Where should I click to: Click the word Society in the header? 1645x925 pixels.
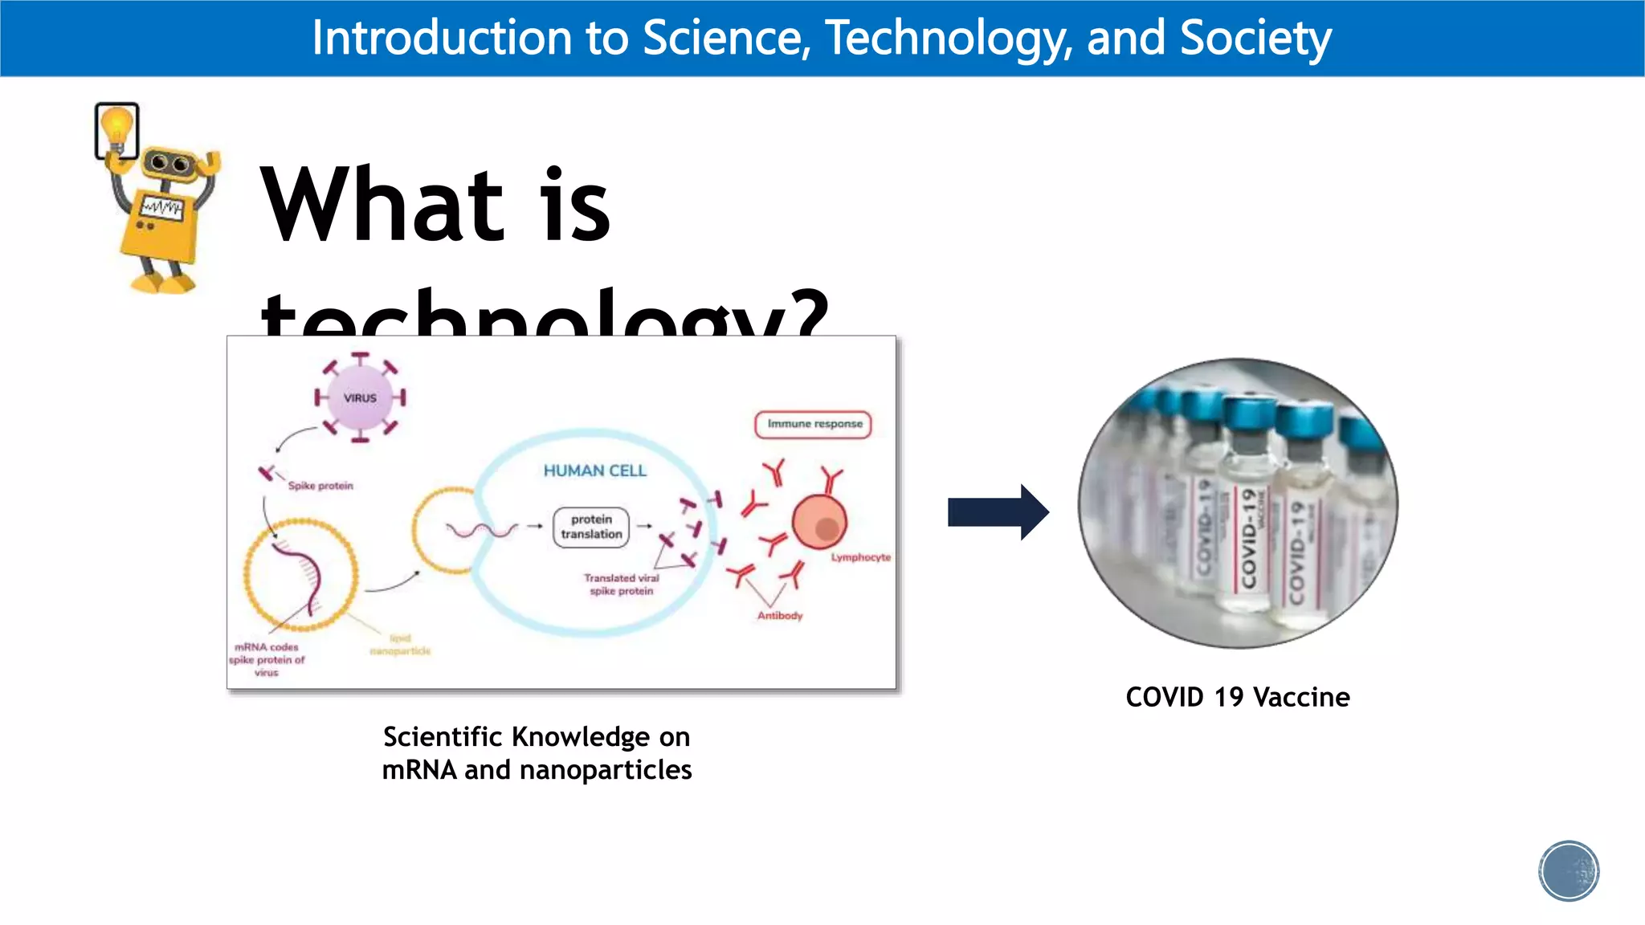pyautogui.click(x=1255, y=38)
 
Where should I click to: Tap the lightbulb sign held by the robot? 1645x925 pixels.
pyautogui.click(x=117, y=130)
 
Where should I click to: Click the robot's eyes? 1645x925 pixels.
pyautogui.click(x=169, y=164)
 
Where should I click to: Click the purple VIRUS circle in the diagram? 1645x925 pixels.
pyautogui.click(x=360, y=397)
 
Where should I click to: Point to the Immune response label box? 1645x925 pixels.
pyautogui.click(x=813, y=424)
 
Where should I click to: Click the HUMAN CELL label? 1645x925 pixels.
pyautogui.click(x=594, y=471)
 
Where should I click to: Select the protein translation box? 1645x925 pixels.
pyautogui.click(x=591, y=527)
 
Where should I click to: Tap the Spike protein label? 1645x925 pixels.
pyautogui.click(x=320, y=486)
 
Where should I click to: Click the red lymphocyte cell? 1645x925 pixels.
pyautogui.click(x=819, y=522)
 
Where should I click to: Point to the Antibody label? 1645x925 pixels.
pyautogui.click(x=779, y=616)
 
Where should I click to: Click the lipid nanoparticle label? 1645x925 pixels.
pyautogui.click(x=400, y=645)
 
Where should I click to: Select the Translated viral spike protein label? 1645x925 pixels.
pyautogui.click(x=621, y=585)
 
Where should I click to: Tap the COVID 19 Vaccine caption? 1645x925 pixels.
pyautogui.click(x=1237, y=697)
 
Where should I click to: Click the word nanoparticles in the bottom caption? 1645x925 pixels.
pyautogui.click(x=605, y=770)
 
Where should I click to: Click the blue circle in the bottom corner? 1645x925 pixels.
pyautogui.click(x=1568, y=871)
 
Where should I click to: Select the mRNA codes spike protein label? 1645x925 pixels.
pyautogui.click(x=267, y=659)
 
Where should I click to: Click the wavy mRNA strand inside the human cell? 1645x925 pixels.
pyautogui.click(x=482, y=530)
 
